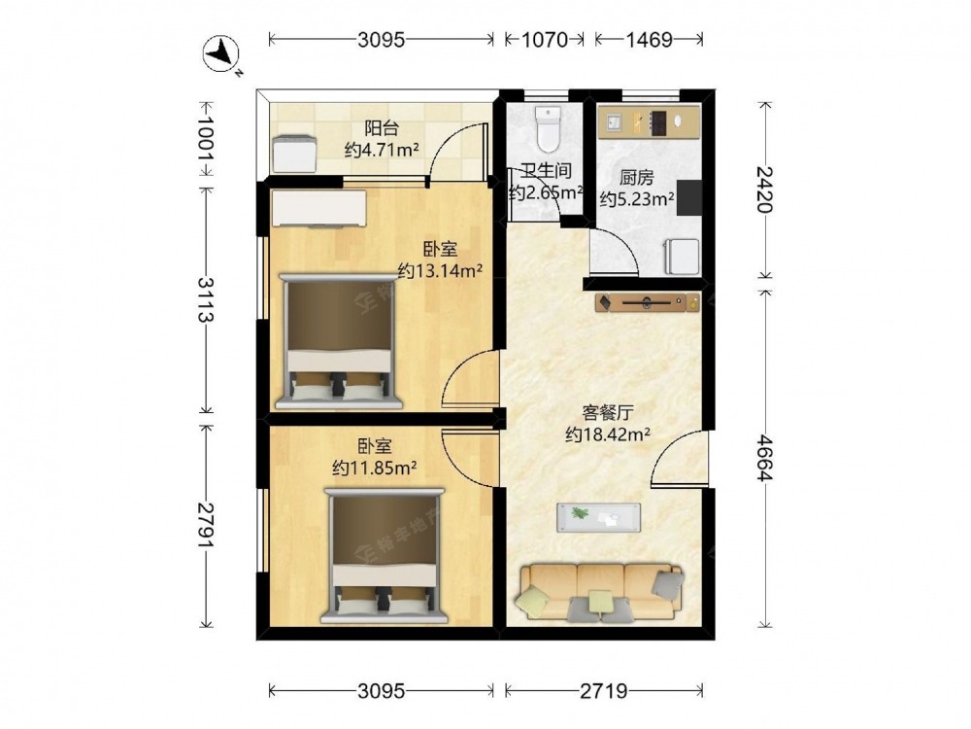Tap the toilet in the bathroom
pos(548,128)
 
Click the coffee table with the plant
pos(598,518)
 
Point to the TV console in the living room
pos(648,303)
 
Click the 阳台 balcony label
pos(381,129)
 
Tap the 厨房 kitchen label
pos(637,178)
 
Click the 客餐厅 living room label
pos(608,413)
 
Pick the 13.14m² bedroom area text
pos(440,271)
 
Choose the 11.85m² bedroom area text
pos(374,468)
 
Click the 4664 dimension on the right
pos(765,458)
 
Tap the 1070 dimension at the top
pos(545,40)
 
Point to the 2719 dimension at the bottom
pos(604,690)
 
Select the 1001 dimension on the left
pos(205,138)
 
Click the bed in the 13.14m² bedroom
pos(339,341)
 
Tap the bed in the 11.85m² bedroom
pos(384,555)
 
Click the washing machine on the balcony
pos(295,155)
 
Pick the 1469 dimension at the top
pos(649,40)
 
